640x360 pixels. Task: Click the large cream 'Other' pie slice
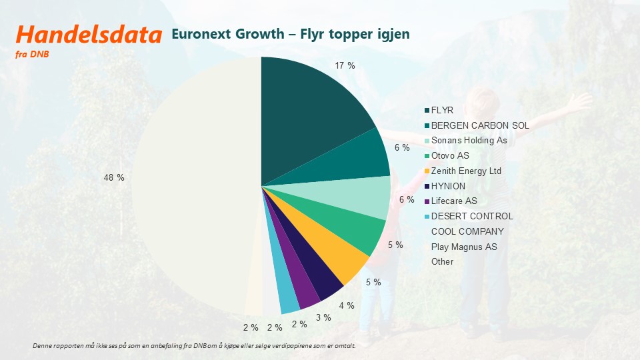pos(192,184)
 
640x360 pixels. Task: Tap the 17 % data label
pos(345,66)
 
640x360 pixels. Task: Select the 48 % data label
pos(114,177)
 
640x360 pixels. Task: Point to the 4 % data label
pos(347,305)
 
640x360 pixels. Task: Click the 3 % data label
pos(323,317)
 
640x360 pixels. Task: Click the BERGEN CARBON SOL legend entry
pos(477,125)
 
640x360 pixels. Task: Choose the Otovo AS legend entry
pos(447,155)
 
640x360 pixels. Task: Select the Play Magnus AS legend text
pos(464,247)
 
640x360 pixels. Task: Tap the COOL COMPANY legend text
pos(467,231)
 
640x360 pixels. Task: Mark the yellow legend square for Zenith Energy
pos(427,171)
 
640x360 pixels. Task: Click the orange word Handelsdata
pos(89,34)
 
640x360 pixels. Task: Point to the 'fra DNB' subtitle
pos(32,54)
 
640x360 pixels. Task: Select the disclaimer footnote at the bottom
pos(194,346)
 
